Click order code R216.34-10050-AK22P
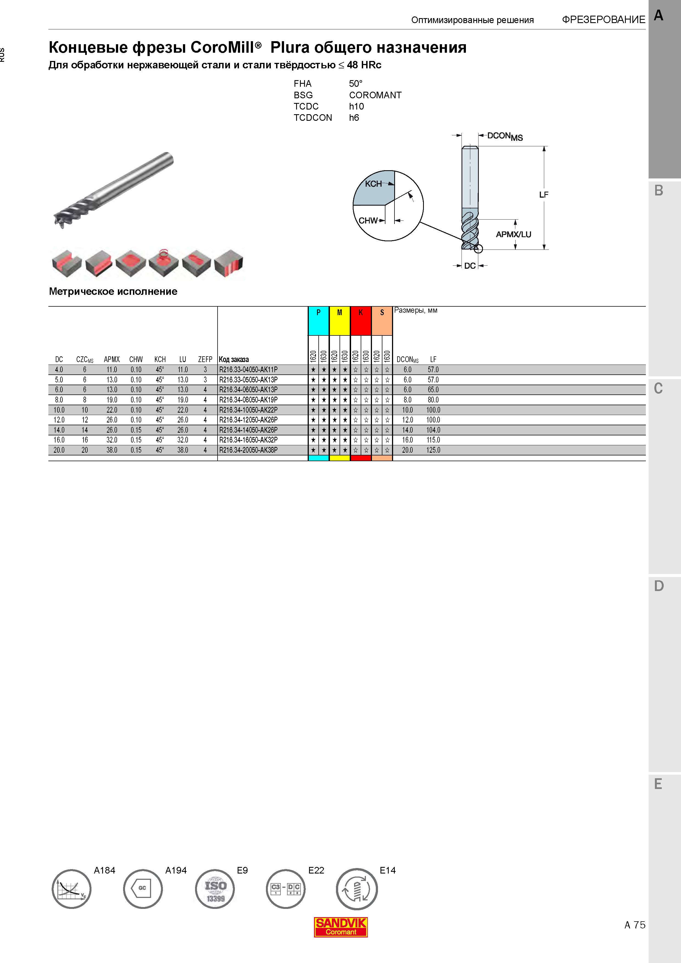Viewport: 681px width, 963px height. (248, 410)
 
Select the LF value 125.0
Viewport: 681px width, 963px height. (433, 450)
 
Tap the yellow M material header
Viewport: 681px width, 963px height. (340, 321)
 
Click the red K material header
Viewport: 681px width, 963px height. (360, 321)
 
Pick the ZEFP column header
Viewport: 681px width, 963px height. (205, 359)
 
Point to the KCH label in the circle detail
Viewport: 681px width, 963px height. (373, 184)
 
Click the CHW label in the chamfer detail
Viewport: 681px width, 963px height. (368, 221)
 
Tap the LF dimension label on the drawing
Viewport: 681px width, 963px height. (544, 195)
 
